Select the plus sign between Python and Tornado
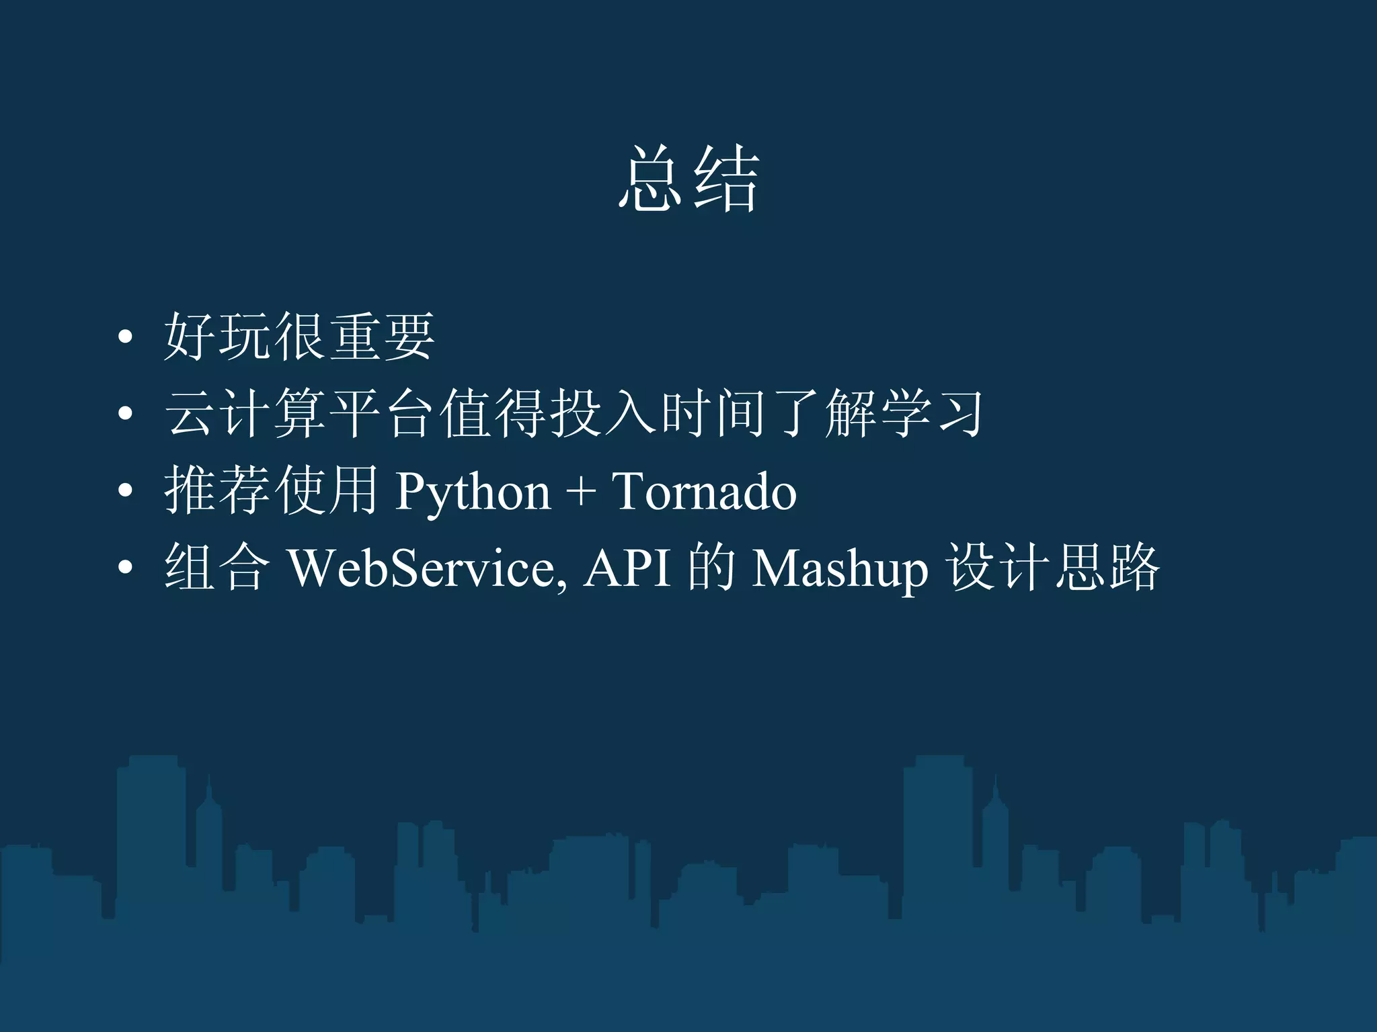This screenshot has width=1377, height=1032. click(580, 492)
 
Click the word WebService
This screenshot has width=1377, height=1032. click(422, 568)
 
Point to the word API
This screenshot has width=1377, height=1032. click(627, 568)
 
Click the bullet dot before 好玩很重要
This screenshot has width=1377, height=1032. click(125, 338)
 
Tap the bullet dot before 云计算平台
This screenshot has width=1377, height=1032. click(125, 415)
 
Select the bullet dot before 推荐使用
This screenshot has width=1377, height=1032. click(125, 491)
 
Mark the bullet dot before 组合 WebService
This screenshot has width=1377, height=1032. click(125, 568)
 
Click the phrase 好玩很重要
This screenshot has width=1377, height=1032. click(300, 337)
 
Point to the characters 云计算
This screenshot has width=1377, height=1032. click(245, 413)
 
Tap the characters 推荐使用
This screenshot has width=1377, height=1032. click(272, 490)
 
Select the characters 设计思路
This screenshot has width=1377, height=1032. click(1053, 568)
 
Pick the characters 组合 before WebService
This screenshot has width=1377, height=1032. click(217, 568)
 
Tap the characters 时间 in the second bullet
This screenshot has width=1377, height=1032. click(712, 413)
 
